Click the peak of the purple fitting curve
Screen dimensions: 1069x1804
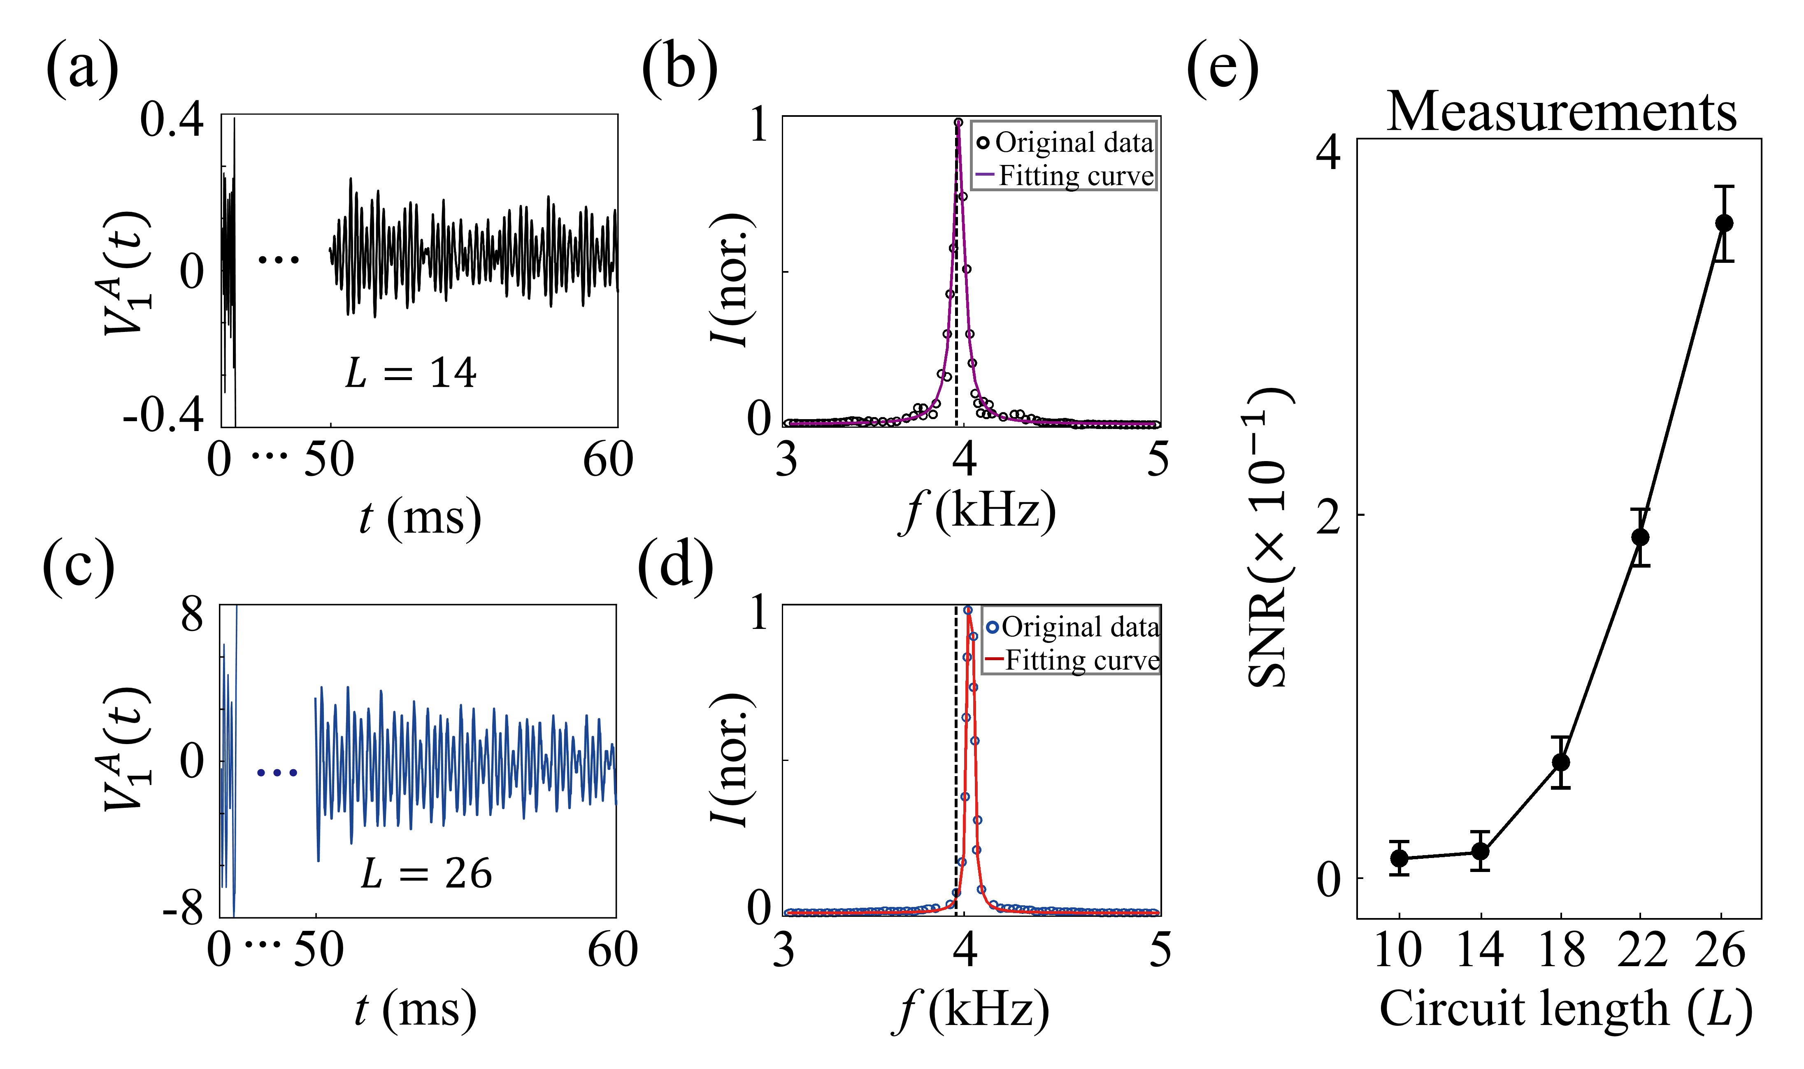pyautogui.click(x=958, y=123)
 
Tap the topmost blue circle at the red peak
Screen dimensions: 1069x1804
pyautogui.click(x=968, y=610)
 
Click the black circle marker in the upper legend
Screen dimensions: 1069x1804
pyautogui.click(x=983, y=143)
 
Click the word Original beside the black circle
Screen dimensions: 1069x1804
pyautogui.click(x=1045, y=143)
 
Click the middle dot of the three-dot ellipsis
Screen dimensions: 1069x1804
pyautogui.click(x=277, y=773)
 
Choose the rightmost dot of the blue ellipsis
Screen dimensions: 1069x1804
pyautogui.click(x=293, y=773)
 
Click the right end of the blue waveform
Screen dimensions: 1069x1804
pyautogui.click(x=617, y=803)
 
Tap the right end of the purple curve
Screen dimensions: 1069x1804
pyautogui.click(x=1154, y=424)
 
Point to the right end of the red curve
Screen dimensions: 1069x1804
pyautogui.click(x=1158, y=913)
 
